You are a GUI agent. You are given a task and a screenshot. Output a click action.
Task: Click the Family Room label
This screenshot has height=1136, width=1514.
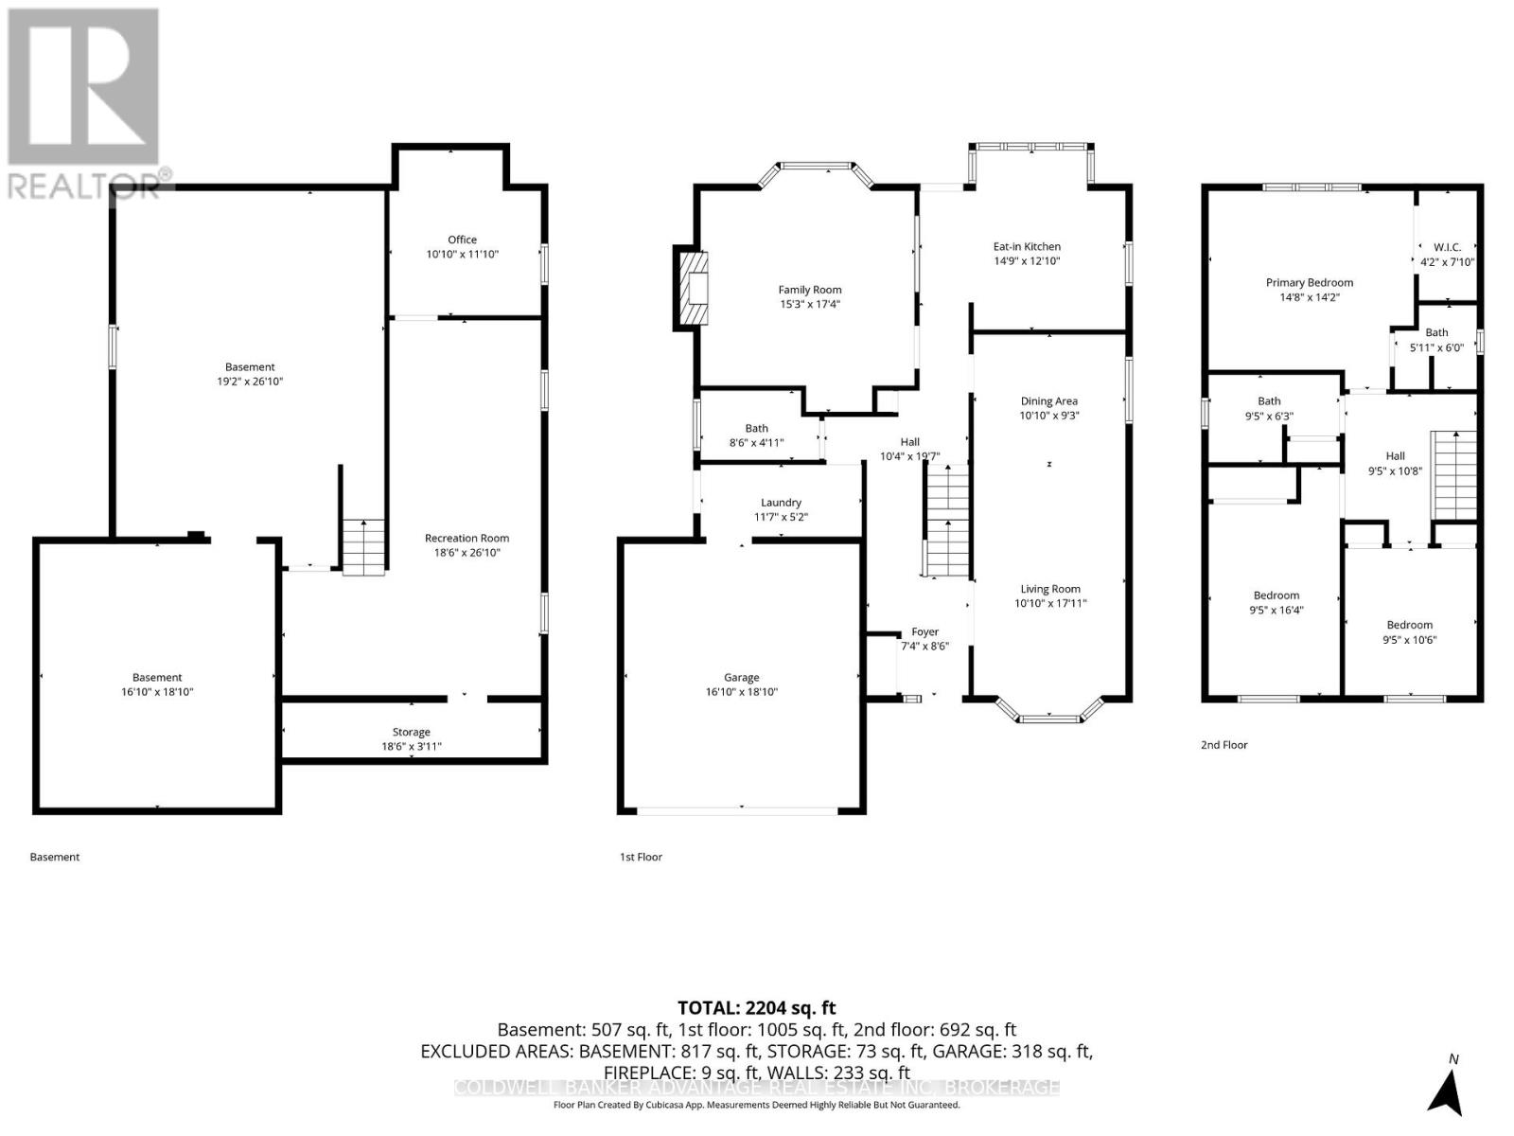tap(809, 290)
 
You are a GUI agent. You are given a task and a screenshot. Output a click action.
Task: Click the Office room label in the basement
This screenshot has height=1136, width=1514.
tap(462, 240)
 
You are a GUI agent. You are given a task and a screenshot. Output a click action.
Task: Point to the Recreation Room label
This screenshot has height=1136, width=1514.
tap(467, 538)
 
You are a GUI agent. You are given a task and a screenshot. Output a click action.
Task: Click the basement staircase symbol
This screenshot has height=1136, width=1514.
tap(363, 547)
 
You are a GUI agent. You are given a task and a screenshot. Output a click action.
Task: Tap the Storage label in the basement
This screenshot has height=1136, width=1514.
tap(411, 732)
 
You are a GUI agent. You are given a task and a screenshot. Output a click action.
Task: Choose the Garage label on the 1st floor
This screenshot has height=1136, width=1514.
tap(741, 677)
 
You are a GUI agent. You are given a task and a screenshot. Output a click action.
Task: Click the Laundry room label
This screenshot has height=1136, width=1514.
tap(781, 503)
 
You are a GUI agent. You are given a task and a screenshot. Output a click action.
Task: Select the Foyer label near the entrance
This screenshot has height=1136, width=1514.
tap(924, 631)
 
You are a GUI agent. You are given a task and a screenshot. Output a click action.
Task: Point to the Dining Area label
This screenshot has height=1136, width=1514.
tap(1048, 400)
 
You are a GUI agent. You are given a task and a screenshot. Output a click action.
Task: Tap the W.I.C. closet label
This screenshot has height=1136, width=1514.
tap(1447, 247)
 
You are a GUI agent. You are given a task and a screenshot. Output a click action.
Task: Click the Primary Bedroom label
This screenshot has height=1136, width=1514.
tap(1309, 282)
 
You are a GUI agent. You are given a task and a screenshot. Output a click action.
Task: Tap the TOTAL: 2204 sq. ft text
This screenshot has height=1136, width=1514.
tap(756, 1008)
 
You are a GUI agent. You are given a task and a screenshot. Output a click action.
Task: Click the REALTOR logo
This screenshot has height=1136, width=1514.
tap(84, 104)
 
